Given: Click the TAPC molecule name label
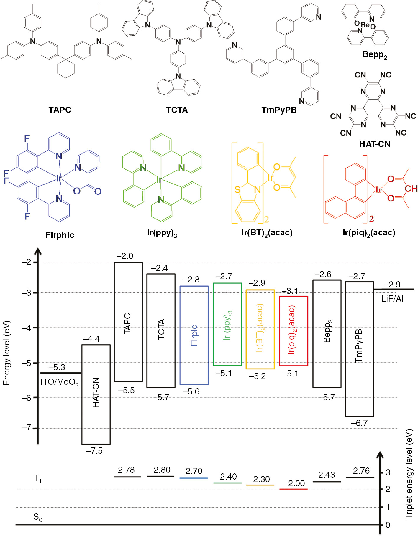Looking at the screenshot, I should pyautogui.click(x=60, y=110).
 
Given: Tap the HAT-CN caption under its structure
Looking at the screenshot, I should pyautogui.click(x=375, y=144).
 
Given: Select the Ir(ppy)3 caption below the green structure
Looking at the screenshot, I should pyautogui.click(x=162, y=233).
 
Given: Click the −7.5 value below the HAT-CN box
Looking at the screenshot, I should pyautogui.click(x=94, y=451).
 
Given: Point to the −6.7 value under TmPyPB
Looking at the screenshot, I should pyautogui.click(x=359, y=423).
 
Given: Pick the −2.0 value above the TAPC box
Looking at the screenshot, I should pyautogui.click(x=124, y=256).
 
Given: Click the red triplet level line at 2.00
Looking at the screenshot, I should pyautogui.click(x=293, y=489).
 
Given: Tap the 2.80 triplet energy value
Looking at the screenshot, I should pyautogui.click(x=162, y=470).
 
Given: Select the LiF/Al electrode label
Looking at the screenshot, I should pyautogui.click(x=392, y=299).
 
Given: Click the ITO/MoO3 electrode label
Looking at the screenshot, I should pyautogui.click(x=60, y=382).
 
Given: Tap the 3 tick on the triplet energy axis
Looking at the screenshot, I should pyautogui.click(x=388, y=472).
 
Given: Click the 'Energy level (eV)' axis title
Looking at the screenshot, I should pyautogui.click(x=6, y=353).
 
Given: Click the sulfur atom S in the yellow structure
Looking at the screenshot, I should pyautogui.click(x=237, y=190).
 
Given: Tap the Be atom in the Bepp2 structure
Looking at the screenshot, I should pyautogui.click(x=365, y=25).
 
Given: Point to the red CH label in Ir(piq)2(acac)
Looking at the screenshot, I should pyautogui.click(x=411, y=189).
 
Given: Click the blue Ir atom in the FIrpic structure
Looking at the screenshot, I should pyautogui.click(x=59, y=178).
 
